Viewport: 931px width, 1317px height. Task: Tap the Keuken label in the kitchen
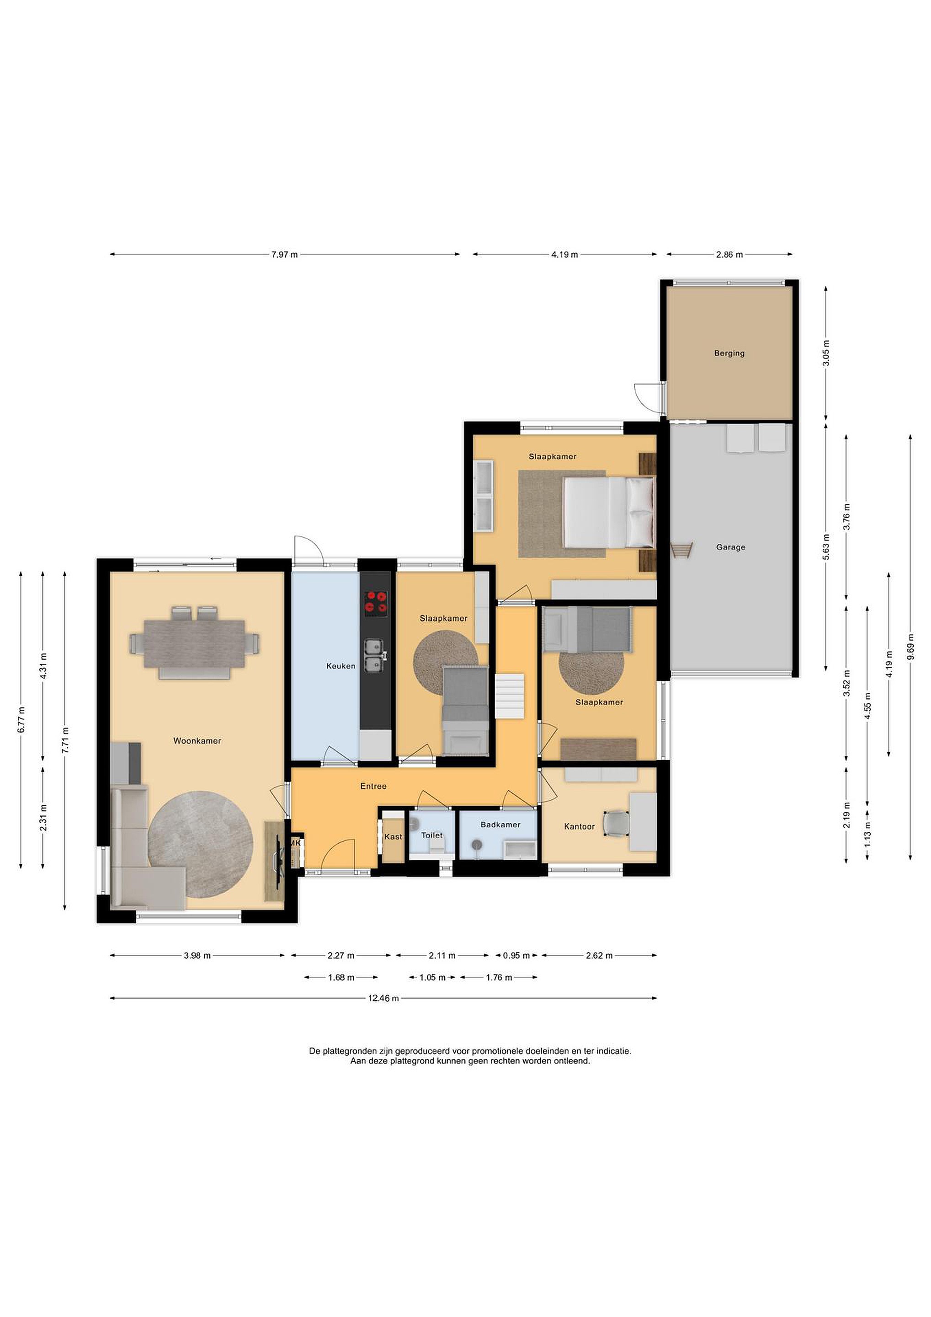(340, 666)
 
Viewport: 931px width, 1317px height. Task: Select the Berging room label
(729, 353)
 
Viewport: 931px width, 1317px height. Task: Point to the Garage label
(730, 547)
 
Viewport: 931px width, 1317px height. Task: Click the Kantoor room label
(579, 827)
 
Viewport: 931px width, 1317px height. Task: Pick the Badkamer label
(500, 825)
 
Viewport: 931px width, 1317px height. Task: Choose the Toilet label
(431, 835)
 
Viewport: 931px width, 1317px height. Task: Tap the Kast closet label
(393, 837)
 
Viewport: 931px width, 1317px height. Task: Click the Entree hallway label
(373, 787)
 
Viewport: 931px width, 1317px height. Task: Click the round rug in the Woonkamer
(200, 845)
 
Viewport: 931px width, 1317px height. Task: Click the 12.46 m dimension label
(383, 998)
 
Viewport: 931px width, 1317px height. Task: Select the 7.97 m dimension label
(284, 255)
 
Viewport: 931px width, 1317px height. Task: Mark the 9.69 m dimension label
(911, 648)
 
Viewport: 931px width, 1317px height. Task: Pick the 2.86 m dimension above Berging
(729, 255)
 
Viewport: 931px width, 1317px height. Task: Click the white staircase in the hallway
(510, 696)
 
